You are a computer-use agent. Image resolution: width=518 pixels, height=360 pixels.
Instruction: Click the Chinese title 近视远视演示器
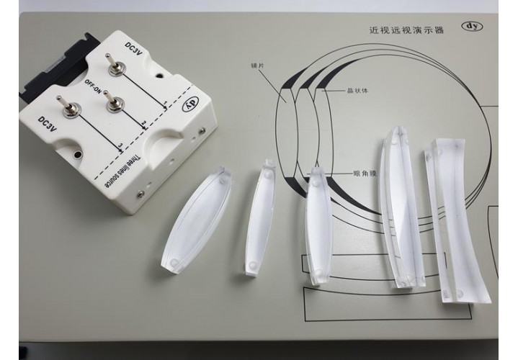point(406,30)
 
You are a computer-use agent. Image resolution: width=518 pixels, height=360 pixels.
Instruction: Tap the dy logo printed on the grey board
point(473,27)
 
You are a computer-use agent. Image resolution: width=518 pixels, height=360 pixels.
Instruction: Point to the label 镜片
point(257,66)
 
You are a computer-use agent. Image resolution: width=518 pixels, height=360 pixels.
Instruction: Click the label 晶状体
point(357,91)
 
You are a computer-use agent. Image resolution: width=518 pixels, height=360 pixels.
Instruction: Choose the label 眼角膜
point(365,173)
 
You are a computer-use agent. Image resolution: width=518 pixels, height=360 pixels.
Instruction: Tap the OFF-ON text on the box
point(93,86)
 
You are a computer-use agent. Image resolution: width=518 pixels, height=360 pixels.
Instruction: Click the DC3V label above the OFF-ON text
point(133,48)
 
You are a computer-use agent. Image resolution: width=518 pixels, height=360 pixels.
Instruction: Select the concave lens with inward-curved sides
point(457,220)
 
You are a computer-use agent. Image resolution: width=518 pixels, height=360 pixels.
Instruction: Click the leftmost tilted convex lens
point(196,220)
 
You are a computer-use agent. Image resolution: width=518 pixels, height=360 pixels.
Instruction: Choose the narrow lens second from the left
point(260,217)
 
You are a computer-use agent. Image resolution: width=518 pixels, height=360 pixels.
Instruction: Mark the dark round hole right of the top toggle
point(160,76)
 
